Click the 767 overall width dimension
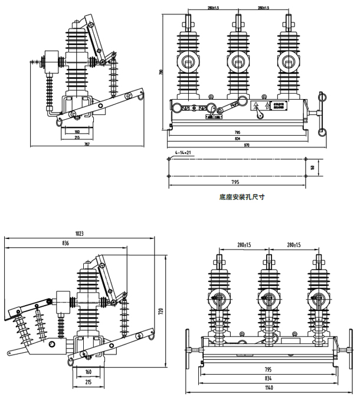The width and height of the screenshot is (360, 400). (86, 143)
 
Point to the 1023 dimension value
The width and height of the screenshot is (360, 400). (80, 234)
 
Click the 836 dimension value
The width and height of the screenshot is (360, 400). (65, 244)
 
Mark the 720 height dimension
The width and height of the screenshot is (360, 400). (160, 310)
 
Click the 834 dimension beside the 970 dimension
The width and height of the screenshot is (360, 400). (237, 138)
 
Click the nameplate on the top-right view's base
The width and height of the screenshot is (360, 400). (276, 106)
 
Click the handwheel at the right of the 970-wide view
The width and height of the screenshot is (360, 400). (322, 112)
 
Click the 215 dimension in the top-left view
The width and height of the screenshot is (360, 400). (77, 137)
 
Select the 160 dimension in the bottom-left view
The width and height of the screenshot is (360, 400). (88, 372)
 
